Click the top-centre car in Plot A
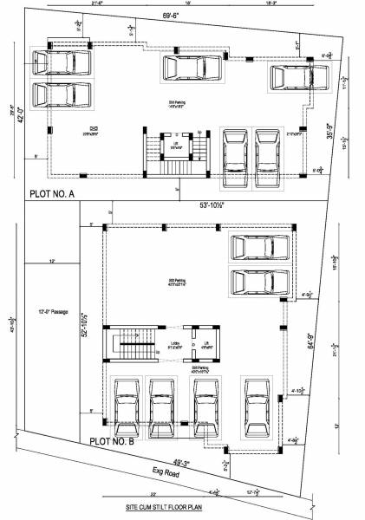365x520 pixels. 190,69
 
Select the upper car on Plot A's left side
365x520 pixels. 60,63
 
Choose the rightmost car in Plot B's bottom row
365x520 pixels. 256,405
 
